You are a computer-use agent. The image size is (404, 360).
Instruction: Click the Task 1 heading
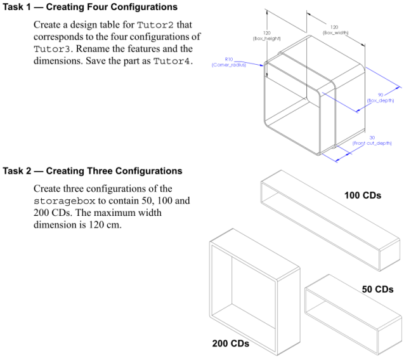tap(90, 7)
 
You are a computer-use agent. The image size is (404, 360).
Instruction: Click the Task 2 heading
tap(93, 171)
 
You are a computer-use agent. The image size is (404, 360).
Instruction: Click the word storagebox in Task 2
tap(61, 201)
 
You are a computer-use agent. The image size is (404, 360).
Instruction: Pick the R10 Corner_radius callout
tap(228, 63)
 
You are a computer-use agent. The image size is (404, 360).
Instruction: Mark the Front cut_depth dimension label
tap(372, 142)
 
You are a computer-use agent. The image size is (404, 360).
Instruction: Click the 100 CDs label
tap(363, 195)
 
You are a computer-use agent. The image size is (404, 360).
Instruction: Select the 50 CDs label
tap(377, 289)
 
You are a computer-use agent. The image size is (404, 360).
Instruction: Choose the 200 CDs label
tap(230, 343)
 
